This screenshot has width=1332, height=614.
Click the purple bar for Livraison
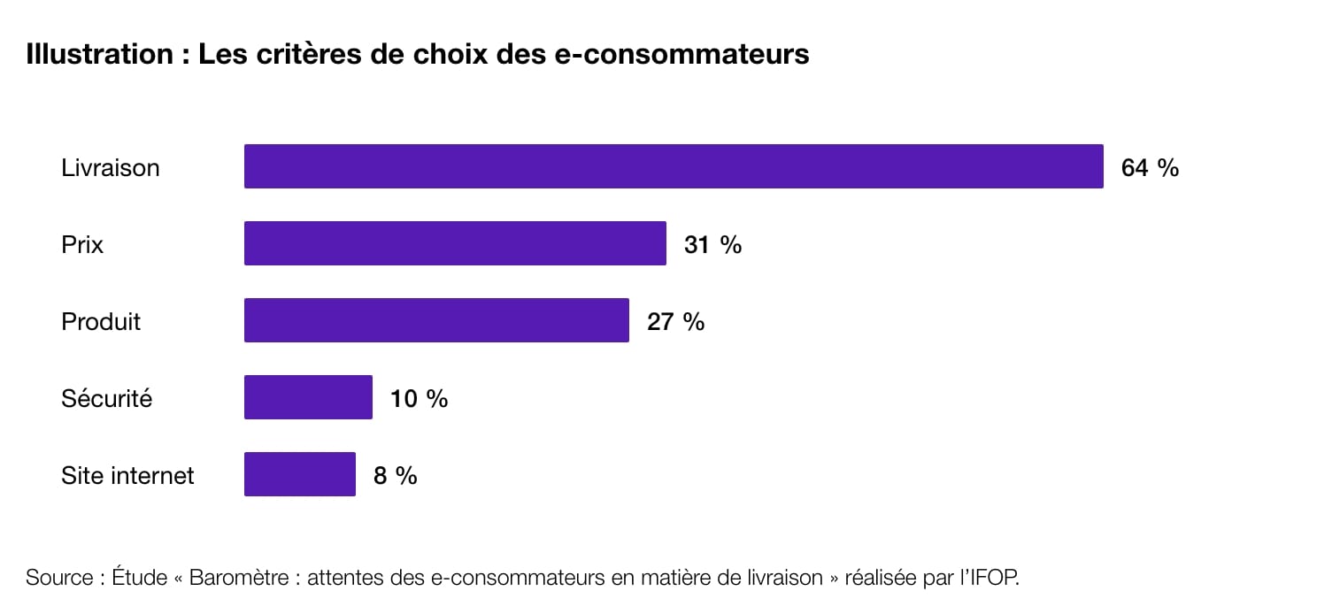click(674, 166)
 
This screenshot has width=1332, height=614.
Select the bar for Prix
click(455, 243)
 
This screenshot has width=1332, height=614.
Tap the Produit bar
click(436, 320)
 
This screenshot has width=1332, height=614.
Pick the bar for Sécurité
click(308, 397)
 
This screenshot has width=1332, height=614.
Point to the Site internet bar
click(299, 474)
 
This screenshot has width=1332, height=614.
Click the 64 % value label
click(1150, 167)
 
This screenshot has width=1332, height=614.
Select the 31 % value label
click(712, 244)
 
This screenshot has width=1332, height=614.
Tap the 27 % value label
click(675, 321)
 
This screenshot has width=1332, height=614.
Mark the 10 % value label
click(419, 398)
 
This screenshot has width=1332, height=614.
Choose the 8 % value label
click(395, 475)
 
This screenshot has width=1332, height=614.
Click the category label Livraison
click(111, 167)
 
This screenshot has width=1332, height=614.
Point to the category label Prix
click(82, 244)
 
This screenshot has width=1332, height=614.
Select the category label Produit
click(101, 321)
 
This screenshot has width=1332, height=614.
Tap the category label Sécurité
click(106, 398)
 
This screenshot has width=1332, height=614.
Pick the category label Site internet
click(127, 475)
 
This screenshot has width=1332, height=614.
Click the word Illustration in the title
click(99, 54)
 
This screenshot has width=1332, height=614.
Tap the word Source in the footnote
click(59, 578)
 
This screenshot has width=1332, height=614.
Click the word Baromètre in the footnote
click(239, 578)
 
